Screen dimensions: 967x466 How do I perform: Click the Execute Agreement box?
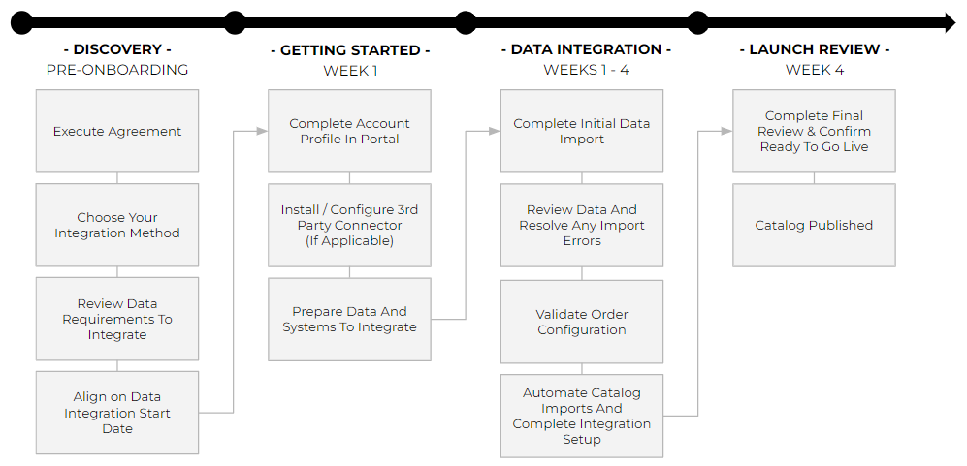pos(117,132)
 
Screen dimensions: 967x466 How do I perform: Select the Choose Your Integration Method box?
pos(117,225)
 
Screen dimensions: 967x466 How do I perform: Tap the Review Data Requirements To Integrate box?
pos(117,319)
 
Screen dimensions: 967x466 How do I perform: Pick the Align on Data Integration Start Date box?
pos(117,413)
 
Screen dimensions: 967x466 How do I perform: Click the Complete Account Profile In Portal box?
pos(349,132)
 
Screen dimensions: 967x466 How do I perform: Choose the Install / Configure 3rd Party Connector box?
pos(349,225)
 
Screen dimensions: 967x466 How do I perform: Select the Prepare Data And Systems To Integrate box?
pos(349,320)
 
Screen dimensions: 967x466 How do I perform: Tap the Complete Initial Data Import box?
pos(582,132)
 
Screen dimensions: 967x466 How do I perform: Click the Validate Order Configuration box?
pos(582,322)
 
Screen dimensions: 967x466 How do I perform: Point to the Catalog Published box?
pos(814,225)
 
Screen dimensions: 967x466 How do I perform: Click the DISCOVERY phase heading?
pos(117,50)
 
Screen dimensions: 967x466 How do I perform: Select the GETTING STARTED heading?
pos(350,50)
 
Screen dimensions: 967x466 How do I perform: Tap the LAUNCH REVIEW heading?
pos(814,50)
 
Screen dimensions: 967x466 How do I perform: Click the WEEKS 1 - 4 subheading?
pos(586,71)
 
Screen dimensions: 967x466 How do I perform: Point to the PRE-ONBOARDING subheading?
pos(117,71)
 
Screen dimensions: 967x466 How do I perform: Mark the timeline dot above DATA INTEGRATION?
pos(466,23)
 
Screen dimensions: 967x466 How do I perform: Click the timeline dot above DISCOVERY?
pos(21,23)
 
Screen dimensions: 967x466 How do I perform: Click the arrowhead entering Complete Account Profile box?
pos(262,131)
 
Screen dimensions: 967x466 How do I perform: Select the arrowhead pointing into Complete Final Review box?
pos(726,131)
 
